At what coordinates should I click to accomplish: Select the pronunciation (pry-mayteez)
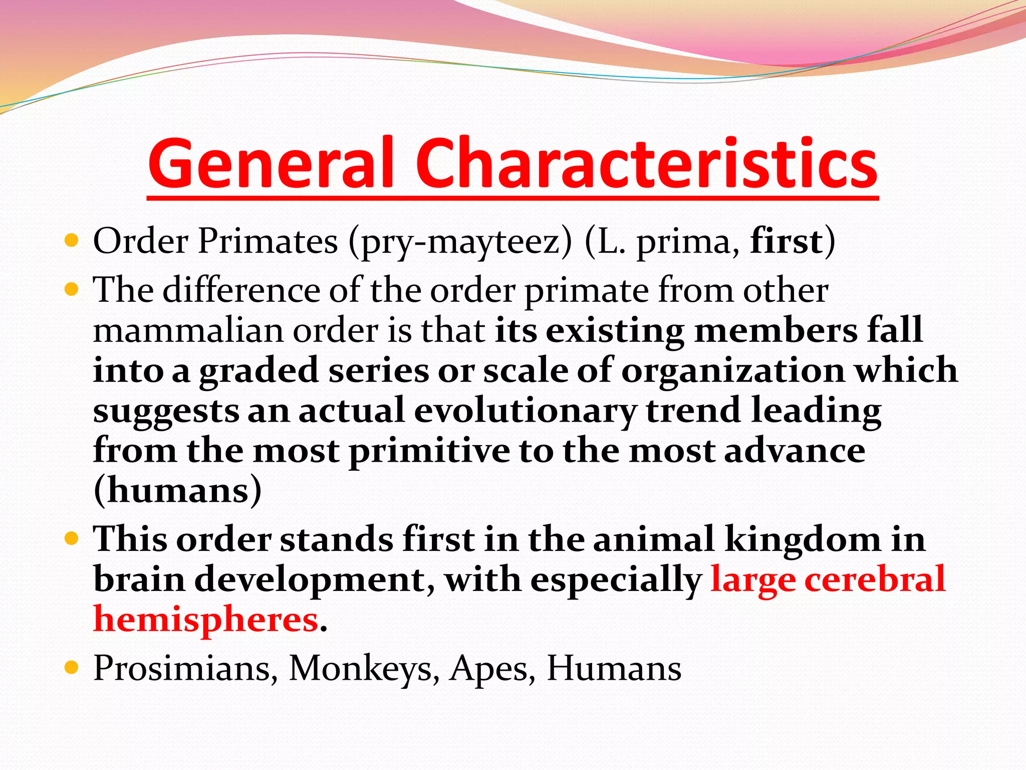click(x=460, y=243)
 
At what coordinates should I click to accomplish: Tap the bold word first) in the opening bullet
click(x=792, y=242)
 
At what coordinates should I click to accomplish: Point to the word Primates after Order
click(x=268, y=242)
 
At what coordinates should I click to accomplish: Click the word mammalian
click(x=188, y=331)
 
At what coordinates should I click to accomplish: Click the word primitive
click(x=429, y=451)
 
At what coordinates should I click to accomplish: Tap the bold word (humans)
click(x=177, y=490)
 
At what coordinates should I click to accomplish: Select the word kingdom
click(x=802, y=539)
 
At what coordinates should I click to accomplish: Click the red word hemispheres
click(x=206, y=620)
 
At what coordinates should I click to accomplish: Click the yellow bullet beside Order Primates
click(x=72, y=241)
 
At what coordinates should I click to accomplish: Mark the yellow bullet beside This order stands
click(x=72, y=539)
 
